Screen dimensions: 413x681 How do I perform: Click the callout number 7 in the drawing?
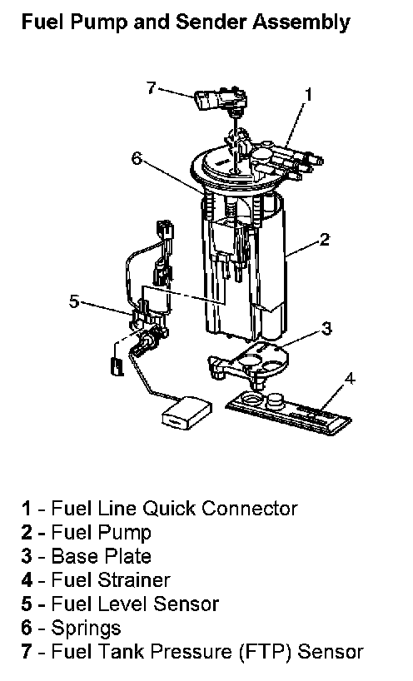click(151, 87)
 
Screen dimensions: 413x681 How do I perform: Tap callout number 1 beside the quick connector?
click(308, 94)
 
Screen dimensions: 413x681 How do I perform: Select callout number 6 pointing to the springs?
click(137, 158)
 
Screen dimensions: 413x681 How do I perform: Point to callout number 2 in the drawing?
click(325, 239)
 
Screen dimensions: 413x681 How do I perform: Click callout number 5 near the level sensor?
click(74, 301)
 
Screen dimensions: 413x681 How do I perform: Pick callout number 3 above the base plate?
click(326, 328)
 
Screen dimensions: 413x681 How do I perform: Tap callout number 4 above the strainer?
click(350, 379)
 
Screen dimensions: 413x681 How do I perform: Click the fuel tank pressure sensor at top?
click(221, 101)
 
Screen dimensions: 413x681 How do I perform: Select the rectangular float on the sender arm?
click(187, 413)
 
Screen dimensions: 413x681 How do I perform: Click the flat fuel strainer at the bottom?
click(288, 412)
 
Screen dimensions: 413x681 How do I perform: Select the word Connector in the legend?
click(250, 509)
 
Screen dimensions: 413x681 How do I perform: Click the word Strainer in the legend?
click(134, 580)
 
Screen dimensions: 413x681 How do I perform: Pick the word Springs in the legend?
click(86, 629)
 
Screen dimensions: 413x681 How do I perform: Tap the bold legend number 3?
click(27, 556)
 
